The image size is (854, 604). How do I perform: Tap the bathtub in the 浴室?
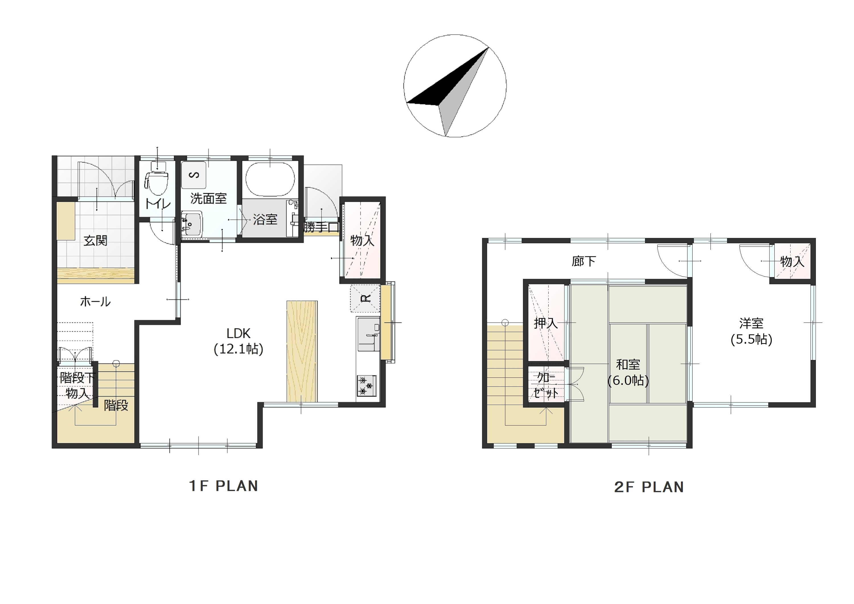tap(270, 179)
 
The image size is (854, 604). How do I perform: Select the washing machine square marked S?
tap(193, 175)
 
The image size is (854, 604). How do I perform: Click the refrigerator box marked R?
tap(365, 298)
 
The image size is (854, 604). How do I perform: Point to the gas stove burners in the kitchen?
tap(367, 386)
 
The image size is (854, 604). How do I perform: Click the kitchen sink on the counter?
tap(369, 334)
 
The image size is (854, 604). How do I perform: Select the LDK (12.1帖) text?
tap(239, 341)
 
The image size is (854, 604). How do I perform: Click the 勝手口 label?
tap(321, 227)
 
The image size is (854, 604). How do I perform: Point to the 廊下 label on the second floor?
tap(584, 261)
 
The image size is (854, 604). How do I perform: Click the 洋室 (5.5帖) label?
tap(751, 331)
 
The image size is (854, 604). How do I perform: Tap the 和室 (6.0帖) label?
tap(628, 372)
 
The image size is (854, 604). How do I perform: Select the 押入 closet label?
tap(546, 323)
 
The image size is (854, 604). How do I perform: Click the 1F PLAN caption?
tap(223, 486)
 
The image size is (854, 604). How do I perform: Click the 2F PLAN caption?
tap(649, 487)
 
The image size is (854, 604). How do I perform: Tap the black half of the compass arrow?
tap(446, 84)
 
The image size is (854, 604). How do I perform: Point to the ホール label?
tap(95, 302)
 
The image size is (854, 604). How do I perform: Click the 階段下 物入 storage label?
tap(77, 386)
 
